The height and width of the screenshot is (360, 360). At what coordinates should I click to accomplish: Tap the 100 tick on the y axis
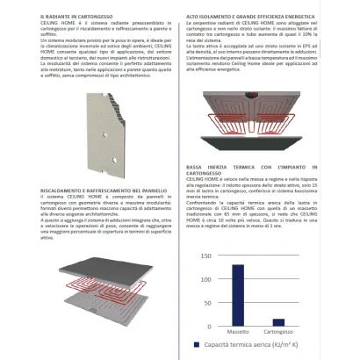pyautogui.click(x=205, y=279)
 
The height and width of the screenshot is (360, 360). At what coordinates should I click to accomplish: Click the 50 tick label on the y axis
pyautogui.click(x=207, y=303)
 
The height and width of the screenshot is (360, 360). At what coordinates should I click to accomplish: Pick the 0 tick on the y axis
pyautogui.click(x=209, y=326)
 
